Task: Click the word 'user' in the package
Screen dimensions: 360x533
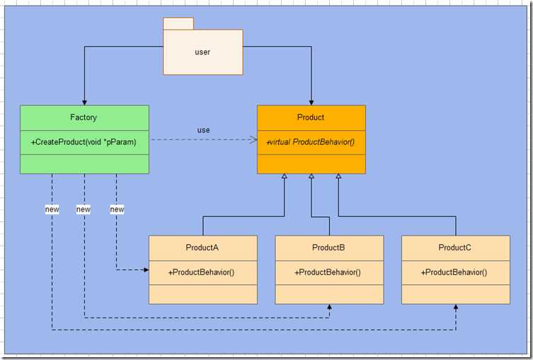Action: point(202,52)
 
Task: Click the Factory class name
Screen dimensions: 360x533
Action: point(84,117)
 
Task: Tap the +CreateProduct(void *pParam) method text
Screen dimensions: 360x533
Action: point(84,142)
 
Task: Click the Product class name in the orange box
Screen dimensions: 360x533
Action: point(311,117)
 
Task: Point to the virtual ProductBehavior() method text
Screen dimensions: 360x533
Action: point(311,142)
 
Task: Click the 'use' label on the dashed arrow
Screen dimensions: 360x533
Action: point(204,130)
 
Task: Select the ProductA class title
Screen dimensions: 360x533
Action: point(202,248)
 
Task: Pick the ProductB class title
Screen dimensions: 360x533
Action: point(328,248)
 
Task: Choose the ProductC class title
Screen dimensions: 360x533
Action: point(455,248)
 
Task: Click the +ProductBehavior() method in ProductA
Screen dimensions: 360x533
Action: point(202,272)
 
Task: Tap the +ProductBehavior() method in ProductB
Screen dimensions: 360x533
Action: point(328,272)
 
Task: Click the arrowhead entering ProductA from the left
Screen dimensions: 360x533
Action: point(145,269)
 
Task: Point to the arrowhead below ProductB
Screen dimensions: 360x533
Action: point(329,308)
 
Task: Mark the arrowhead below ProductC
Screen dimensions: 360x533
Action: point(456,308)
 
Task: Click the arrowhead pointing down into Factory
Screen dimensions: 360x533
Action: point(84,102)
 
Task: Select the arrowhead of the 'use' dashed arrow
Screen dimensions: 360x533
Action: point(253,140)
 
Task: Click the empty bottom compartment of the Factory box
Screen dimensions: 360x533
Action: point(84,163)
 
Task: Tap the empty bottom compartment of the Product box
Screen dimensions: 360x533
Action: point(311,163)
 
